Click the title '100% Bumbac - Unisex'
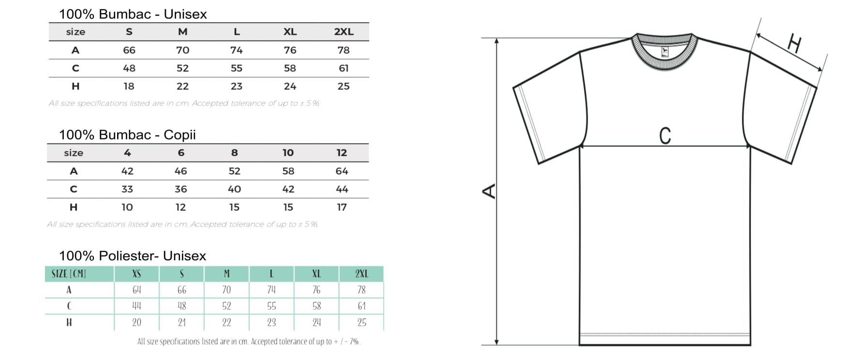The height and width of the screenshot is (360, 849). (x=133, y=14)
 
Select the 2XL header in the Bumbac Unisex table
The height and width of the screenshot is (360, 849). (x=343, y=32)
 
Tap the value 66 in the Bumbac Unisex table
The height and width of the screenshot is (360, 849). (x=129, y=50)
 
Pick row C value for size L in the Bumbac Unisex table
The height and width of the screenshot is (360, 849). (x=237, y=68)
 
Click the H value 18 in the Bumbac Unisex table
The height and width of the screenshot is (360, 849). (x=129, y=86)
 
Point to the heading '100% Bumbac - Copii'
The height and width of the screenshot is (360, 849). (x=127, y=135)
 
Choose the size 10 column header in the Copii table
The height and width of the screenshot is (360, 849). (x=288, y=153)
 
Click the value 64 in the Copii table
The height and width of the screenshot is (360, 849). (x=342, y=171)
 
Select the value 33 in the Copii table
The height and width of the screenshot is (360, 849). (x=127, y=189)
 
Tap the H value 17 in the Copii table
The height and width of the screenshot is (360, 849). (x=342, y=207)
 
